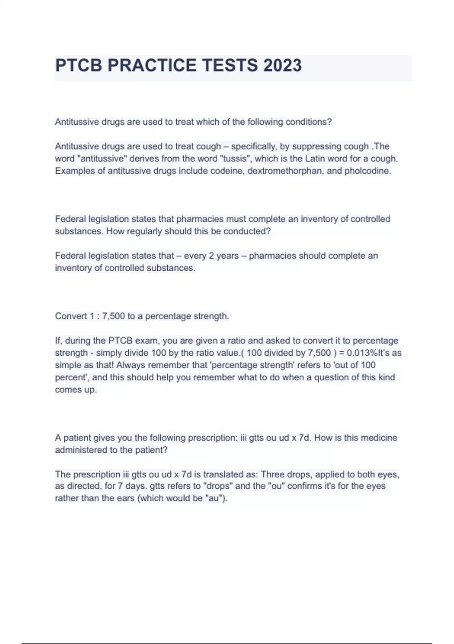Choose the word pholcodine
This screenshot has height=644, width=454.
(x=367, y=171)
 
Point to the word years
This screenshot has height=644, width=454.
(x=227, y=256)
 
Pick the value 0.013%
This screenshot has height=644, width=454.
(x=362, y=353)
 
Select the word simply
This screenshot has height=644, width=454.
(x=110, y=353)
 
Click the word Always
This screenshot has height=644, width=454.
(x=131, y=365)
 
